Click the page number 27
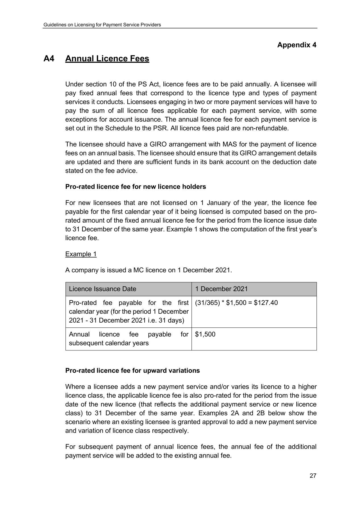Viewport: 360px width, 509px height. point(313,476)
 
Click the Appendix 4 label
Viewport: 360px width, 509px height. point(297,45)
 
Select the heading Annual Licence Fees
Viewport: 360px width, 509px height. point(107,59)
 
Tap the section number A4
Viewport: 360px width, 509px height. point(49,59)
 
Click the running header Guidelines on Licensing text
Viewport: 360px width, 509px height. point(102,25)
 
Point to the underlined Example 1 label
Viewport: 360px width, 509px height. point(81,254)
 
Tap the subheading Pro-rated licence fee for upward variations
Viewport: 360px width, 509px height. point(132,371)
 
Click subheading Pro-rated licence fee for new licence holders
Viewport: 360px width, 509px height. point(136,187)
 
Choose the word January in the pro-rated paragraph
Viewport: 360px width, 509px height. point(218,203)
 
